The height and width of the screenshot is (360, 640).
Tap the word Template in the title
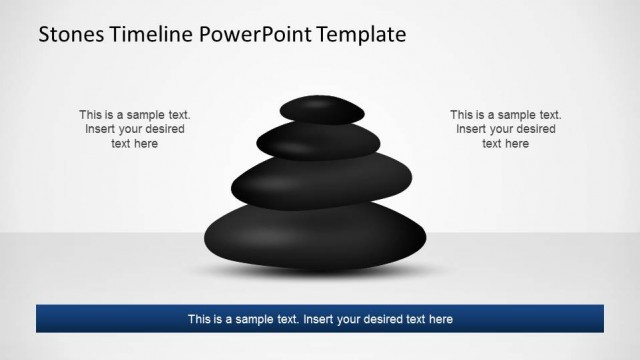(362, 34)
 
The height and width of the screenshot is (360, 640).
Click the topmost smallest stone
(322, 109)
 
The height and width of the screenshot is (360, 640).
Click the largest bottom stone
(316, 239)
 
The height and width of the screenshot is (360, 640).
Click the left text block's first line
(135, 115)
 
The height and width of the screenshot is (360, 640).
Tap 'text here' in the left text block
(135, 144)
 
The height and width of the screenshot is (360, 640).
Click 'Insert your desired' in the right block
(505, 129)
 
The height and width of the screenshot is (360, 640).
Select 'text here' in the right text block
(505, 144)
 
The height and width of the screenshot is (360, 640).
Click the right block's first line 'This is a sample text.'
(505, 115)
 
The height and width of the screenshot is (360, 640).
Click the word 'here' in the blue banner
(440, 320)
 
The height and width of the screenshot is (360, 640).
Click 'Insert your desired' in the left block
(135, 129)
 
